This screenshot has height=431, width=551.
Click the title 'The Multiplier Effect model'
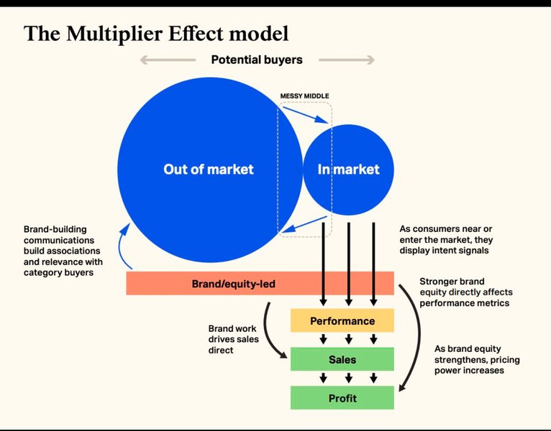point(156,33)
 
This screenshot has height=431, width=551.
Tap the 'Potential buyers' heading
point(257,59)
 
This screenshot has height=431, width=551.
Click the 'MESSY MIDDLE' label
point(305,96)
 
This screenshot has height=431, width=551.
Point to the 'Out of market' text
point(208,170)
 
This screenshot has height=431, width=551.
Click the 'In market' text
point(348,170)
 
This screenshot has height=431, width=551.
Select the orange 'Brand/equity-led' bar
point(260,284)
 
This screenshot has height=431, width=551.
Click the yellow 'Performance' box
point(342,321)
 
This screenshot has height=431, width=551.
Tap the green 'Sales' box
point(342,358)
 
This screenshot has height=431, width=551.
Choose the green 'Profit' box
point(342,397)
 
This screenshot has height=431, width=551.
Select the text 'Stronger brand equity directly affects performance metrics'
point(464,292)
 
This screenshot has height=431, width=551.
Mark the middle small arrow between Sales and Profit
point(348,378)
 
